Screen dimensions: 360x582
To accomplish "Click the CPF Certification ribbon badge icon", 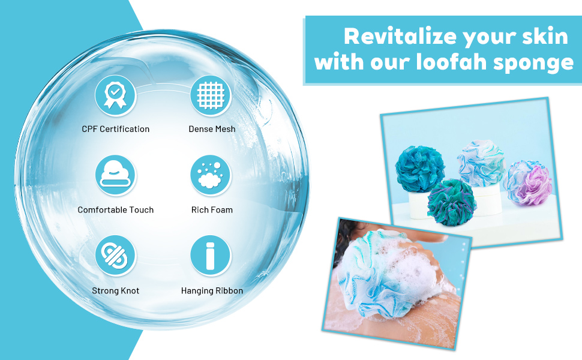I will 116,95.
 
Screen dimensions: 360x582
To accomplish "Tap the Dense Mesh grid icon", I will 211,95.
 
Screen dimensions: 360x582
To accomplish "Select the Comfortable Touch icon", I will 116,175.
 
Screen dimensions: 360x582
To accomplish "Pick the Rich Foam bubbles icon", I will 211,175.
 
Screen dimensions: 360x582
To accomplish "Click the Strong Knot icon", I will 116,256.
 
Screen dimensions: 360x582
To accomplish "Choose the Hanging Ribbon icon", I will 211,256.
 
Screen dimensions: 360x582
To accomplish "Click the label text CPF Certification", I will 116,129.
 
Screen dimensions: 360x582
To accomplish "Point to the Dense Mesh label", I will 212,129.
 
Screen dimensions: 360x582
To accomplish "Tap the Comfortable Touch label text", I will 116,210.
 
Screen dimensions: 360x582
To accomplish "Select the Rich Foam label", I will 212,210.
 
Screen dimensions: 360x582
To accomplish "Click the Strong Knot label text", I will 116,291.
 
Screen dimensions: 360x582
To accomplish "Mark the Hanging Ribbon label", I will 212,291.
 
